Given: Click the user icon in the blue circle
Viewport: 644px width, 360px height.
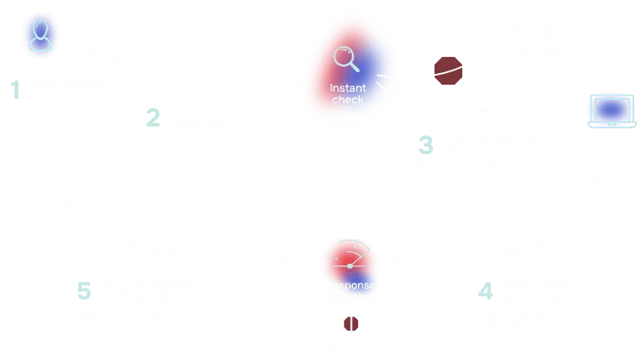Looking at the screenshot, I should point(38,36).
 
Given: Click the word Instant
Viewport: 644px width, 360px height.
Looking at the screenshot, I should point(347,87).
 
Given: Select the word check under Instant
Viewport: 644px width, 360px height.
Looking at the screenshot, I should point(347,99).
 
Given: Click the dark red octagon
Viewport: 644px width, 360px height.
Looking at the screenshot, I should point(448,70).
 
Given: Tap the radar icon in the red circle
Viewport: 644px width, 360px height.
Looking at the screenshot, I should point(349,258).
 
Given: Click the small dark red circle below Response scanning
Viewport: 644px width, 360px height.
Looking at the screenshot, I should point(351,324).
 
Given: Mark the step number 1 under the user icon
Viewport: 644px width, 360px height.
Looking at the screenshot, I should point(13,90).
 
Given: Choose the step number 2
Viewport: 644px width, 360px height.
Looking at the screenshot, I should point(153,117).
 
